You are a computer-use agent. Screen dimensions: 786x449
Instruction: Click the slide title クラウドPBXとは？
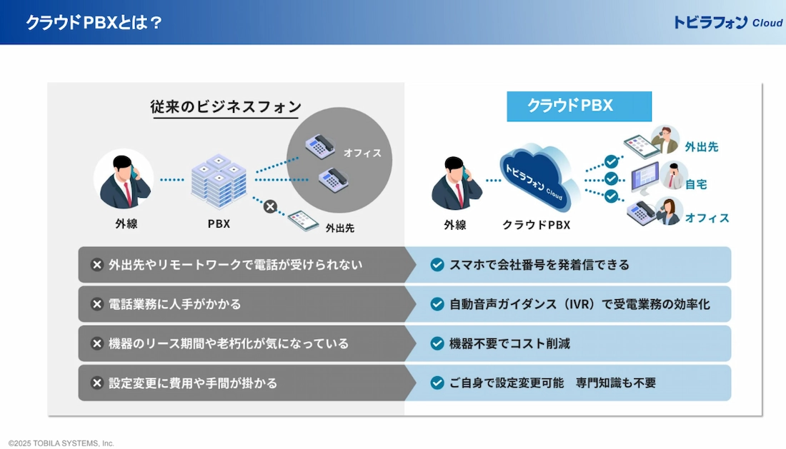pos(94,23)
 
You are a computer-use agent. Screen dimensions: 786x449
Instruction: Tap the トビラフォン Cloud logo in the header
pos(727,23)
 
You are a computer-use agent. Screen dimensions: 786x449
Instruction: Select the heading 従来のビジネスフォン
pos(226,106)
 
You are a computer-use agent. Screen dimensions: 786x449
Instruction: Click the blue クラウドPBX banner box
pos(579,106)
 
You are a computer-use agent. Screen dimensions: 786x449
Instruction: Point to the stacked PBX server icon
pos(219,181)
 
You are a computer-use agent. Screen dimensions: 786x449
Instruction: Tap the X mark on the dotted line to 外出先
pos(270,206)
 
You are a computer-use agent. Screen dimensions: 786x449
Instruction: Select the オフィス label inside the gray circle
pos(362,153)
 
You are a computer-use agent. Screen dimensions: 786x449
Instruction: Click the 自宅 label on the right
pos(696,184)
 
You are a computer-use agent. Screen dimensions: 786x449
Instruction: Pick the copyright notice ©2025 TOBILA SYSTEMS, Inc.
pos(61,443)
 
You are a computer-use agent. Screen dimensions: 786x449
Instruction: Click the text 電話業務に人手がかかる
pos(174,304)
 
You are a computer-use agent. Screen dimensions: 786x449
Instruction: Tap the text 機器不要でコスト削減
pos(509,343)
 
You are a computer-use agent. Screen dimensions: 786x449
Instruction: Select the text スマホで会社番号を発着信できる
pos(539,265)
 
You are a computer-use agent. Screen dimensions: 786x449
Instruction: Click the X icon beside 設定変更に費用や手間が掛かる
pos(96,383)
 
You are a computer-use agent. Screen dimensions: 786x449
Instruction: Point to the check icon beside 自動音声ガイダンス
pos(437,304)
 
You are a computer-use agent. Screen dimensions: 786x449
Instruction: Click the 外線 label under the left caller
pos(126,223)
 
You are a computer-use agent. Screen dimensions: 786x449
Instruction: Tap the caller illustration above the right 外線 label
pos(456,183)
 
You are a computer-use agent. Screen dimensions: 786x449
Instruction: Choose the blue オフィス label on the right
pos(707,218)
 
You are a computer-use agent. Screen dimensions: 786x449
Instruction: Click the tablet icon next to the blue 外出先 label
pos(642,146)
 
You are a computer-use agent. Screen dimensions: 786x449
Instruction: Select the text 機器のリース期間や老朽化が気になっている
pos(229,343)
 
